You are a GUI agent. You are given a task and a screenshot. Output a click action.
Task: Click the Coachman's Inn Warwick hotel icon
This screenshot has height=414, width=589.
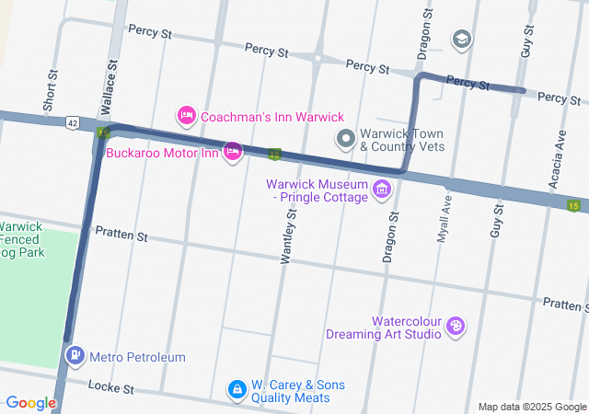click(x=186, y=115)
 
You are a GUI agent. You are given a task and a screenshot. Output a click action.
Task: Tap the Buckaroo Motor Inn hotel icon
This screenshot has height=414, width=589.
click(x=233, y=150)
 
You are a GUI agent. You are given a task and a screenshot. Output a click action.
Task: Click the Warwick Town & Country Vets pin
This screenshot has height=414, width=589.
click(x=346, y=140)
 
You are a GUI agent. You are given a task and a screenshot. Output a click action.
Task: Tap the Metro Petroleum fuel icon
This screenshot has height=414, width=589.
click(x=74, y=355)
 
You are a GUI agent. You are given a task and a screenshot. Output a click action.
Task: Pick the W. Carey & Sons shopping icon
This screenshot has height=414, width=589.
click(x=237, y=390)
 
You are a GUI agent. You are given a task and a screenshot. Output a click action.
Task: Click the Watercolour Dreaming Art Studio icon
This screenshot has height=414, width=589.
click(x=455, y=326)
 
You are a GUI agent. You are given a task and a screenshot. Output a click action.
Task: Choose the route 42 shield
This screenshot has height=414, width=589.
click(x=72, y=121)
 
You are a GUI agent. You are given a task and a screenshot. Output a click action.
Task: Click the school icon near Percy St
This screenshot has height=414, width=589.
click(x=461, y=39)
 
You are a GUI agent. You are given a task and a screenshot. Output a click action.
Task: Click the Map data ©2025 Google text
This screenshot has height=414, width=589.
click(x=531, y=407)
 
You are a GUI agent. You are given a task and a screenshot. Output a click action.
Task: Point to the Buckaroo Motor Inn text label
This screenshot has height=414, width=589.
click(x=161, y=153)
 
